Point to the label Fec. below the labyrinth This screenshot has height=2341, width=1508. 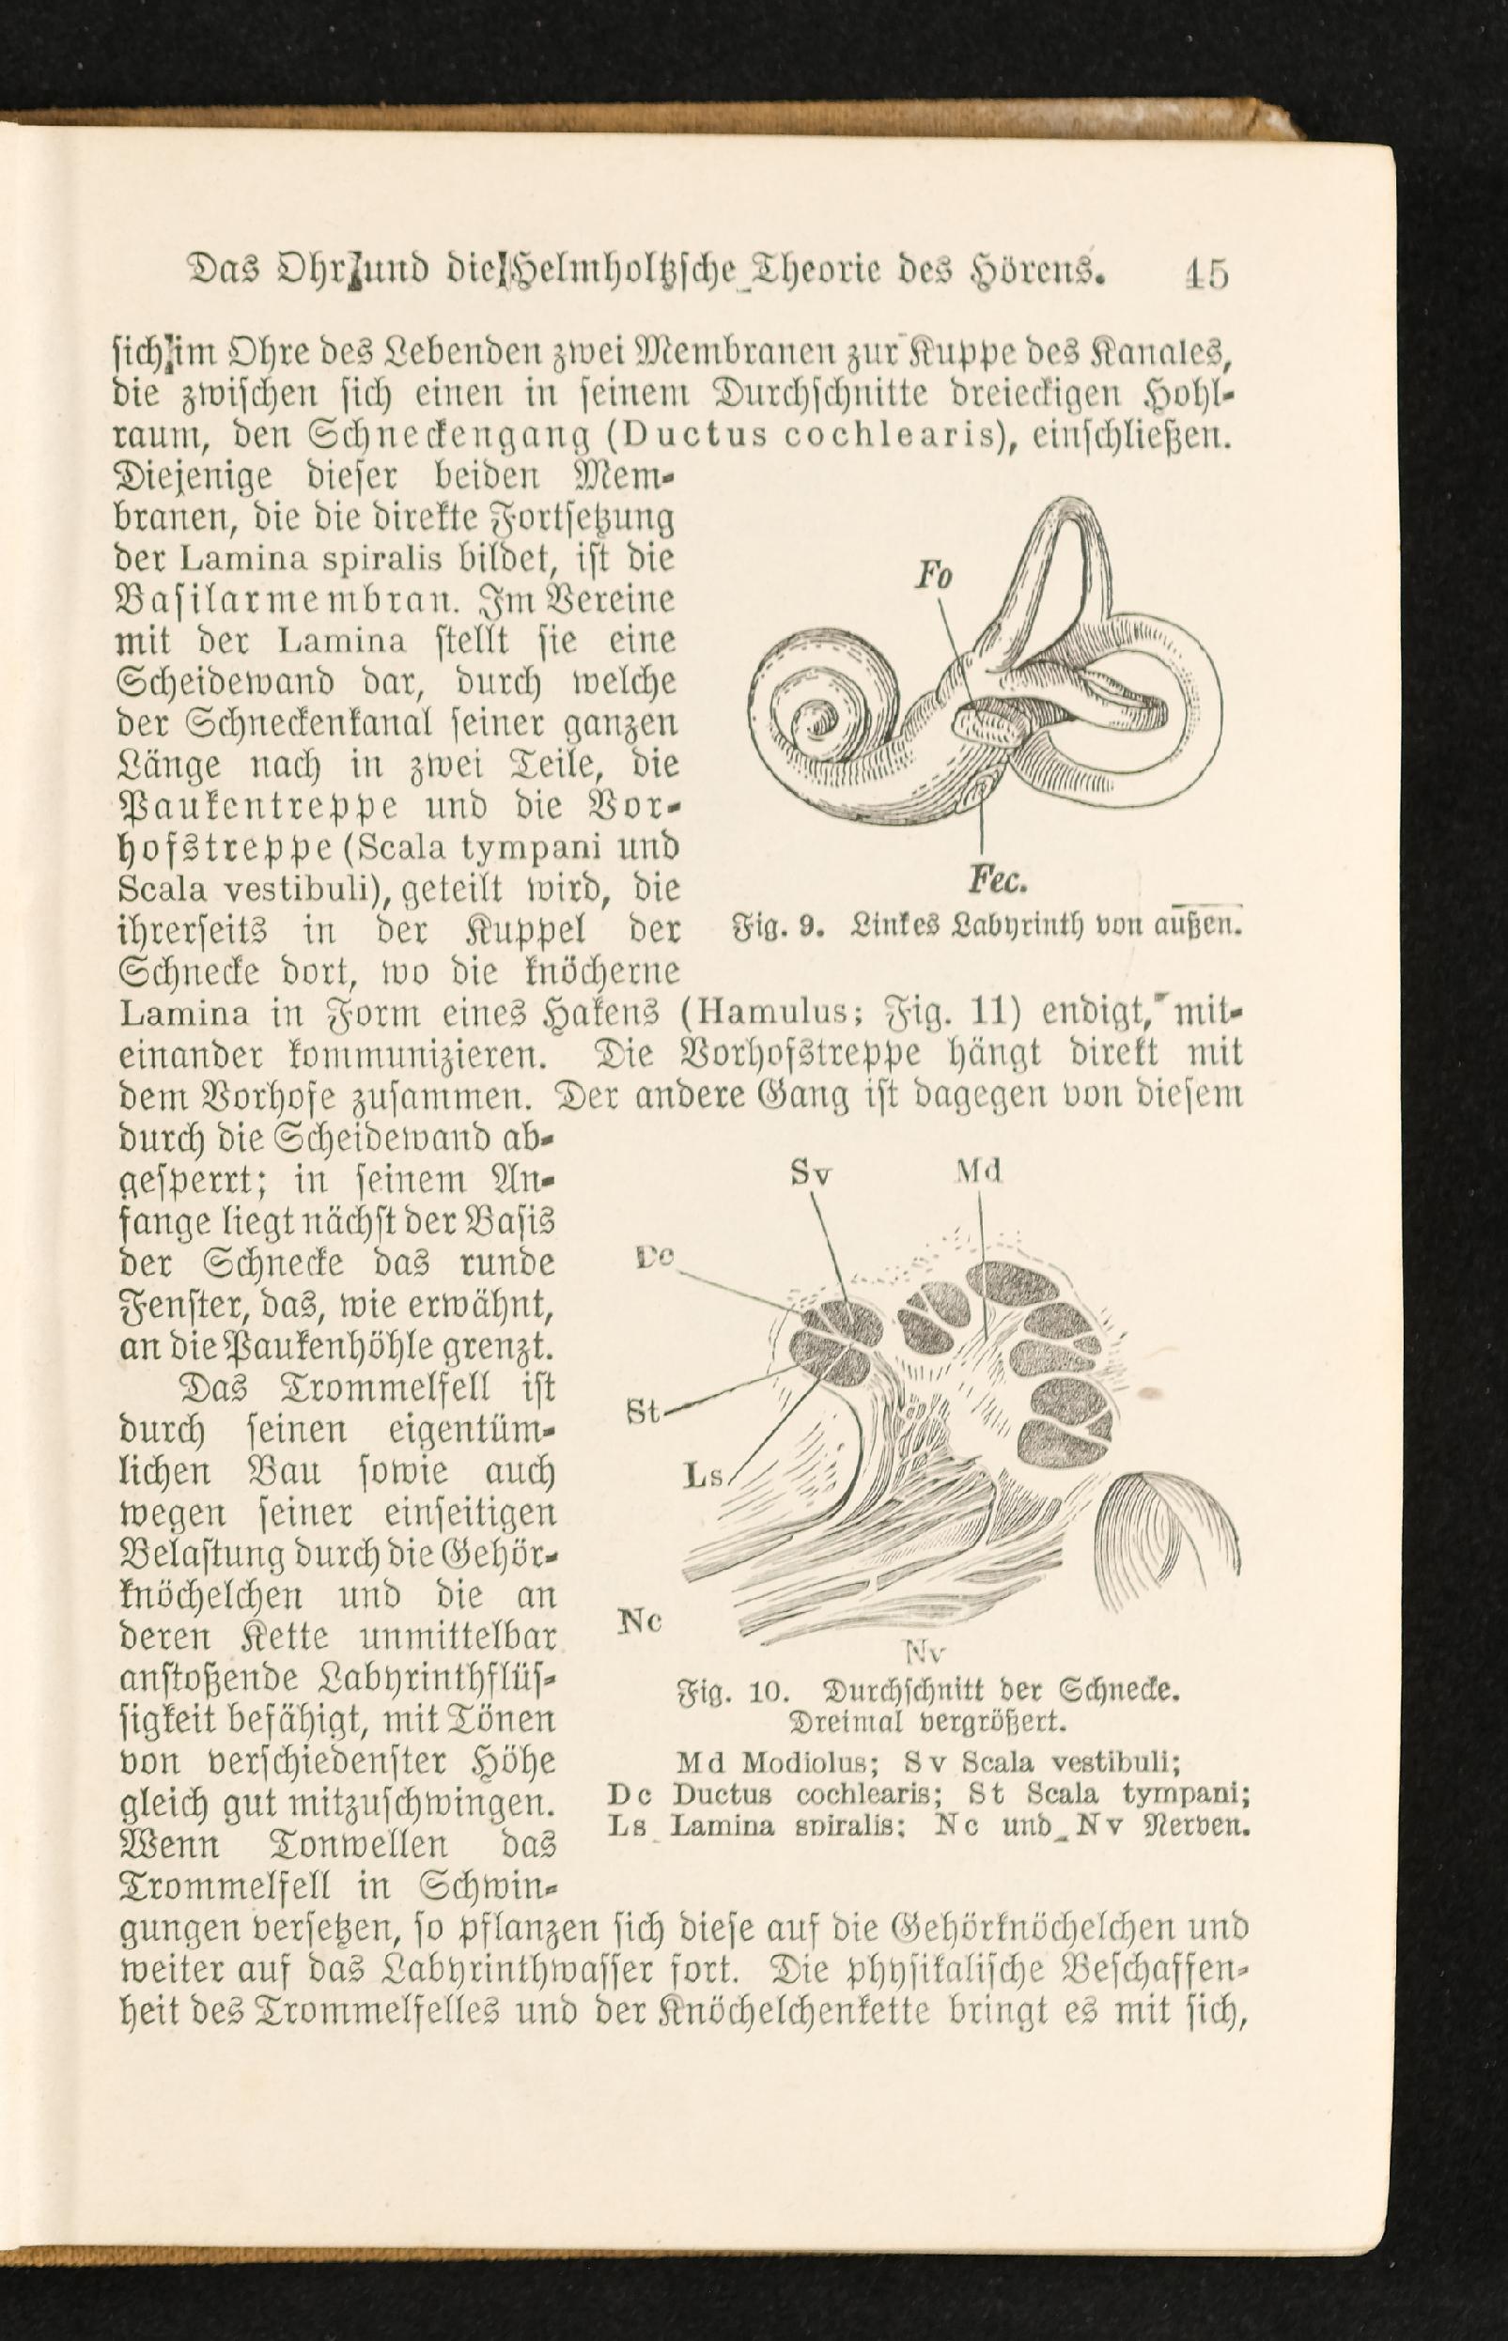997,881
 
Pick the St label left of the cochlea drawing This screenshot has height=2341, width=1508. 643,1413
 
